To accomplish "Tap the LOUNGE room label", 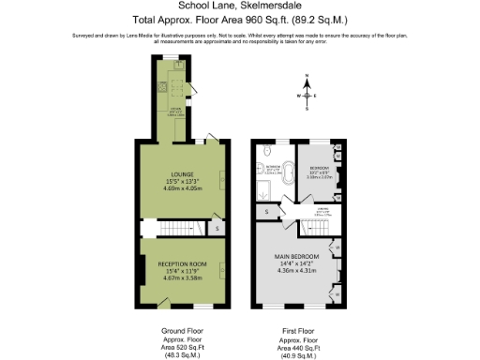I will point(183,172).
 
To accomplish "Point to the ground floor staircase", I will point(173,228).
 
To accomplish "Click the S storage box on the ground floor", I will point(217,228).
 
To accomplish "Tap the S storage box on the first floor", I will point(266,212).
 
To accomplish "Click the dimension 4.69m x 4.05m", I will point(183,187).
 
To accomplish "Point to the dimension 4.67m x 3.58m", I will point(183,278).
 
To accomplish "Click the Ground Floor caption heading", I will point(183,331).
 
